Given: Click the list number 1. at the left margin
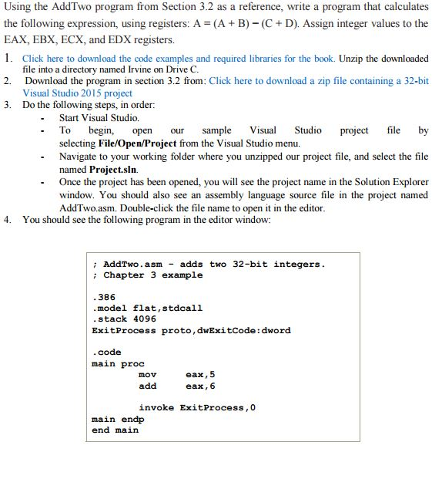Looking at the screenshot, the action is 7,58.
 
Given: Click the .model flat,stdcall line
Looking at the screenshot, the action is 147,308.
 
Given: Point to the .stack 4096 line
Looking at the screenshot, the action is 123,319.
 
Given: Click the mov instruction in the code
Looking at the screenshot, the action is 147,374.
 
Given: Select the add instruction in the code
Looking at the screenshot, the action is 147,386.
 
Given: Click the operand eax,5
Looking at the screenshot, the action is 201,374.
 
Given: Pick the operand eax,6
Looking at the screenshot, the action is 201,386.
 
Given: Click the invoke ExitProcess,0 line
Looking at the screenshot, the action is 197,407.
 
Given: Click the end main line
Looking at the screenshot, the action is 115,430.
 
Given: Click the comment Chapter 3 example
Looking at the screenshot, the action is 152,275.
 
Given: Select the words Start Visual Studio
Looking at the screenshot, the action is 99,118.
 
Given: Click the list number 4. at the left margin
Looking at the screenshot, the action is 7,219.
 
